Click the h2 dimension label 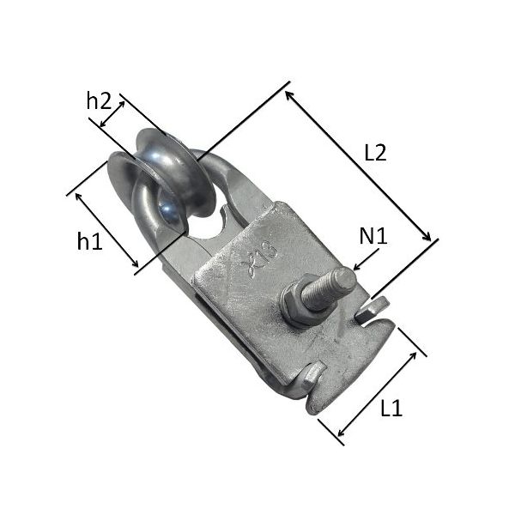[99, 100]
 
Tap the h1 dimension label [89, 240]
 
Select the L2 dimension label [375, 153]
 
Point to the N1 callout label [373, 236]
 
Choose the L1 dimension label [391, 409]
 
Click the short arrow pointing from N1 [366, 259]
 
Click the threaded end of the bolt [329, 289]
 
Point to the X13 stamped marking [259, 259]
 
